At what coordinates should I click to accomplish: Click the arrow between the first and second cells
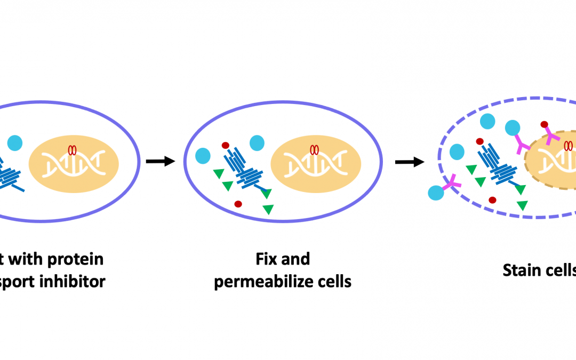pos(161,161)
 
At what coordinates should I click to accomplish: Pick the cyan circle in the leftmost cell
pos(15,143)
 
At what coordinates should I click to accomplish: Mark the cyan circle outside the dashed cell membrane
pos(436,194)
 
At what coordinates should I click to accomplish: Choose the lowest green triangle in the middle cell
pos(268,210)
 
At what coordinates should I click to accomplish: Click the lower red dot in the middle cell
pos(238,204)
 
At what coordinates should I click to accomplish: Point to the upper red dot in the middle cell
pos(226,145)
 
